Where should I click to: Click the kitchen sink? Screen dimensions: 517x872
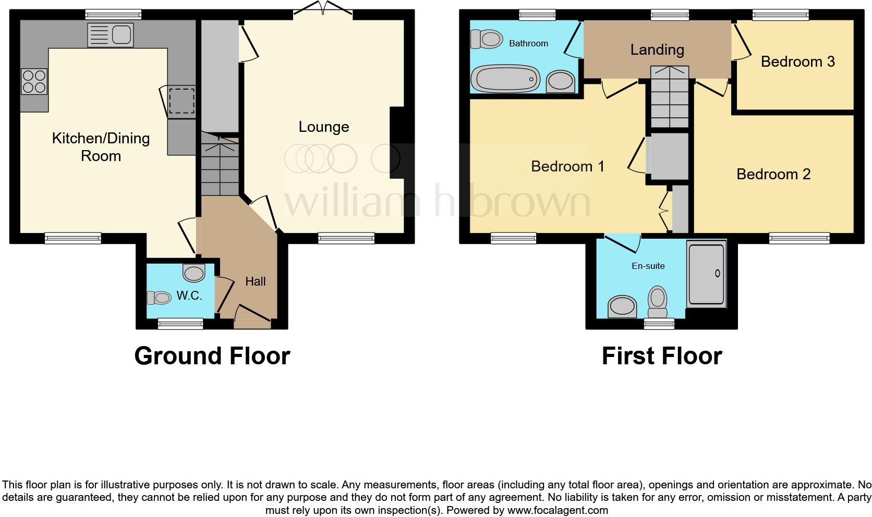pyautogui.click(x=111, y=35)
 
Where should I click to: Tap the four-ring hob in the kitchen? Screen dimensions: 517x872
pyautogui.click(x=34, y=82)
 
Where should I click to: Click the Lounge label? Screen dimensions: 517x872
pyautogui.click(x=323, y=127)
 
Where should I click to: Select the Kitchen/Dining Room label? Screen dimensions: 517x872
pyautogui.click(x=101, y=147)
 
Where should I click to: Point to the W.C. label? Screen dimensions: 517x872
pyautogui.click(x=189, y=296)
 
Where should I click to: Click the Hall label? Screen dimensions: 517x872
pyautogui.click(x=256, y=281)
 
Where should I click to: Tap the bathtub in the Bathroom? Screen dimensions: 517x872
pyautogui.click(x=505, y=79)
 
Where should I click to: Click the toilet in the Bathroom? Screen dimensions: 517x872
pyautogui.click(x=486, y=39)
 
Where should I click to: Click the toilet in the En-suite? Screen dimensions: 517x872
pyautogui.click(x=658, y=301)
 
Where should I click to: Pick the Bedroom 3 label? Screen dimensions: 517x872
pyautogui.click(x=797, y=61)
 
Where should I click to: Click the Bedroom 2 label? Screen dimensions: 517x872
pyautogui.click(x=773, y=174)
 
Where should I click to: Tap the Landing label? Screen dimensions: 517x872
pyautogui.click(x=657, y=50)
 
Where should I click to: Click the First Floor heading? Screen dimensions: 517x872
pyautogui.click(x=661, y=356)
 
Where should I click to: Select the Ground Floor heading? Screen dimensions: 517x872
pyautogui.click(x=212, y=356)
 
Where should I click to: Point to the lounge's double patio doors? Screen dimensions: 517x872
pyautogui.click(x=323, y=9)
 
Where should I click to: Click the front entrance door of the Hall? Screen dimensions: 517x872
pyautogui.click(x=252, y=318)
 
